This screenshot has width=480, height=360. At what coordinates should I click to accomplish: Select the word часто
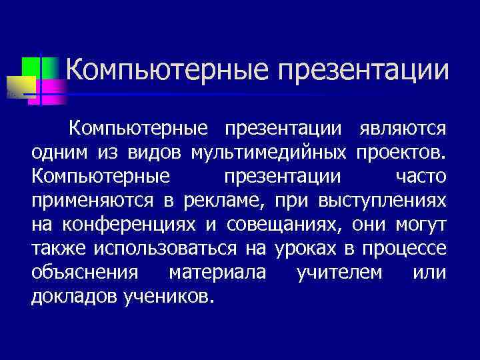(x=421, y=177)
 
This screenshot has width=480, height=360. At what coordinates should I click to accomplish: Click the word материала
(x=217, y=273)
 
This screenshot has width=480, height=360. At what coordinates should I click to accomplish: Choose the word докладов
(x=74, y=297)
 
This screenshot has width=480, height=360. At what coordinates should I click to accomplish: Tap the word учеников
(x=169, y=297)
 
